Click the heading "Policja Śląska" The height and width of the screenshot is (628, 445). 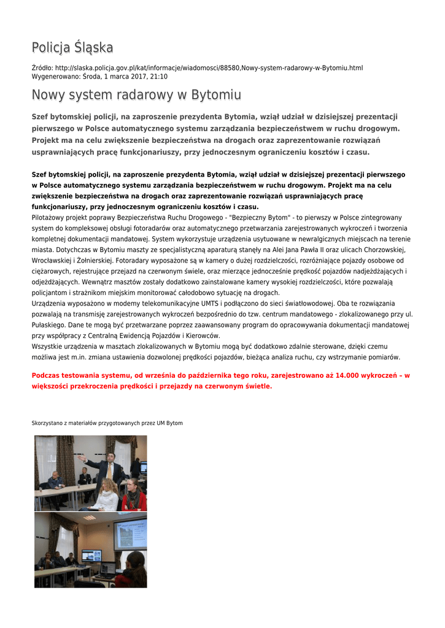72,48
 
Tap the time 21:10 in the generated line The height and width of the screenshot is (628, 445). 158,77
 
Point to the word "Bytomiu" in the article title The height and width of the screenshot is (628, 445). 216,95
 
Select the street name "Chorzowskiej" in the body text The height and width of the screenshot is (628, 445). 380,250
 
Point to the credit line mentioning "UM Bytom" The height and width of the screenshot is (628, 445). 107,423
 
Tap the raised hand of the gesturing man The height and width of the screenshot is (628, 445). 80,457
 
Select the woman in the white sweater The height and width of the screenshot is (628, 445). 108,496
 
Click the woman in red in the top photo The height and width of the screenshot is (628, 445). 133,496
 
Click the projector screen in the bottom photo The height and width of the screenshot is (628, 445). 130,535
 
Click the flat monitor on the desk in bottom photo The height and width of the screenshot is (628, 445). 91,556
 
